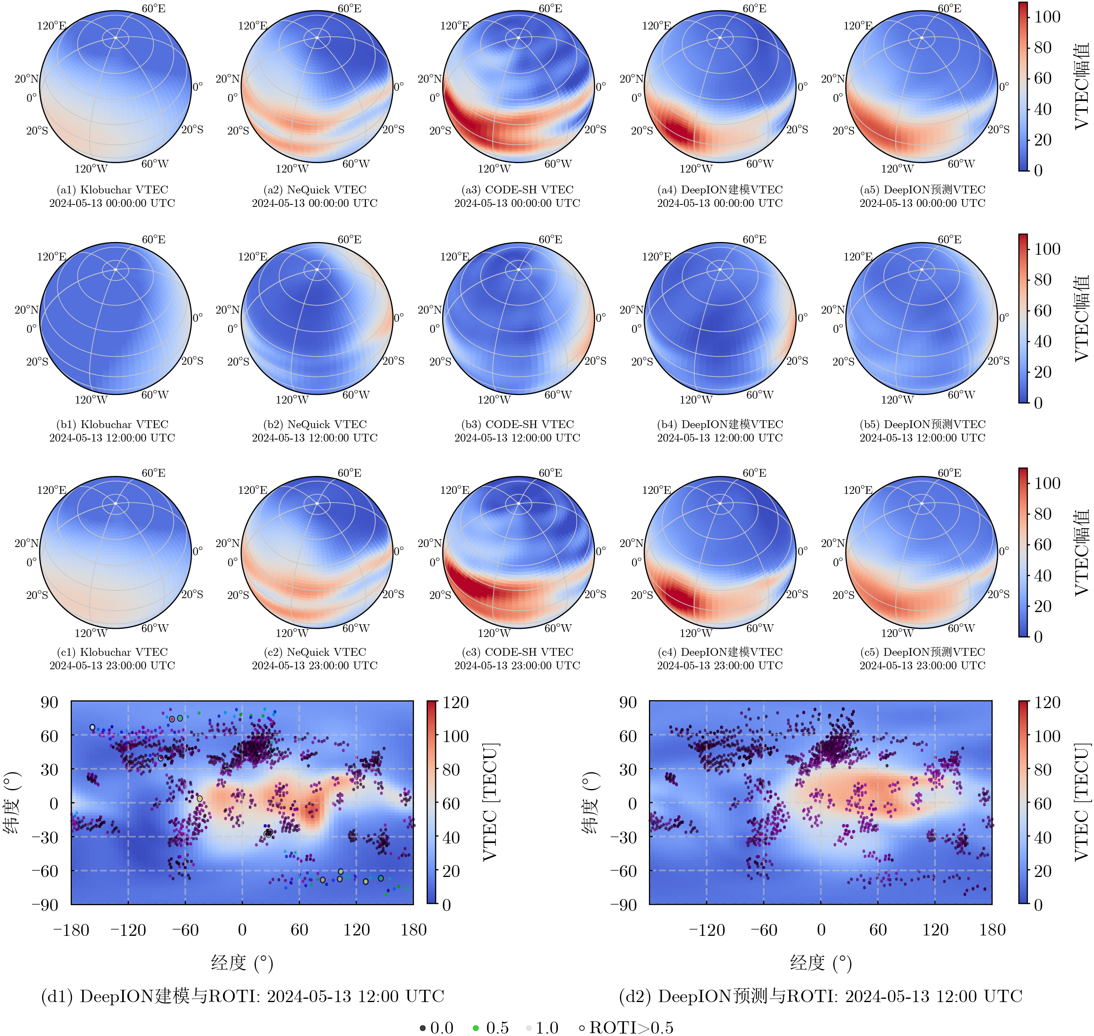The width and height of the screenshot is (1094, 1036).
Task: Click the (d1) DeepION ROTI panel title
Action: tap(243, 996)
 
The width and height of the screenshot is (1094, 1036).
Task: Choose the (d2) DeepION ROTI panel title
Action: tap(821, 996)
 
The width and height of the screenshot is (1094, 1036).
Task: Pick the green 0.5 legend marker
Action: tap(476, 1028)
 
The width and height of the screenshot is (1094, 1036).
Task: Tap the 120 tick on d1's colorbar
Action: tap(455, 702)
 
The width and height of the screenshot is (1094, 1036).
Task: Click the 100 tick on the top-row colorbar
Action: tap(1047, 17)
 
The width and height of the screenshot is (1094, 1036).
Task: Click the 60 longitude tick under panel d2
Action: tap(878, 930)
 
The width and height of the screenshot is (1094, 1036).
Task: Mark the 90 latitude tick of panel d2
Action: tap(628, 702)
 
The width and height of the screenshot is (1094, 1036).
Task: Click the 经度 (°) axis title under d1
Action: tap(242, 963)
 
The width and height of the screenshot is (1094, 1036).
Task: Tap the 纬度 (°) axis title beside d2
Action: tap(590, 803)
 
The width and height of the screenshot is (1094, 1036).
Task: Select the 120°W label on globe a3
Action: tap(494, 169)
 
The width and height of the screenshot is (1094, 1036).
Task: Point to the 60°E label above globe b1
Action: tap(153, 240)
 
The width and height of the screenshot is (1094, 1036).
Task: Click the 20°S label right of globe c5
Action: tap(998, 594)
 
